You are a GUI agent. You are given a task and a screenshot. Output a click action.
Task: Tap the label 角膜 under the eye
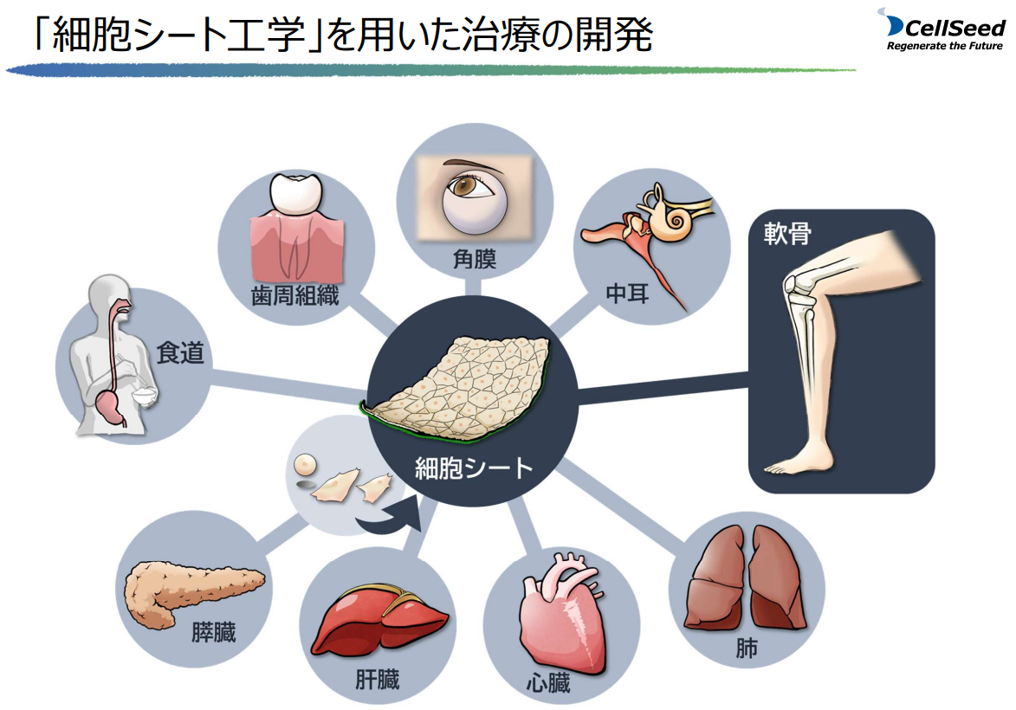tap(475, 258)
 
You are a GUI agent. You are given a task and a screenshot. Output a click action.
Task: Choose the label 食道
tap(180, 353)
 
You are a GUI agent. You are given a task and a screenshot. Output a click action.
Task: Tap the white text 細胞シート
tap(474, 468)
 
